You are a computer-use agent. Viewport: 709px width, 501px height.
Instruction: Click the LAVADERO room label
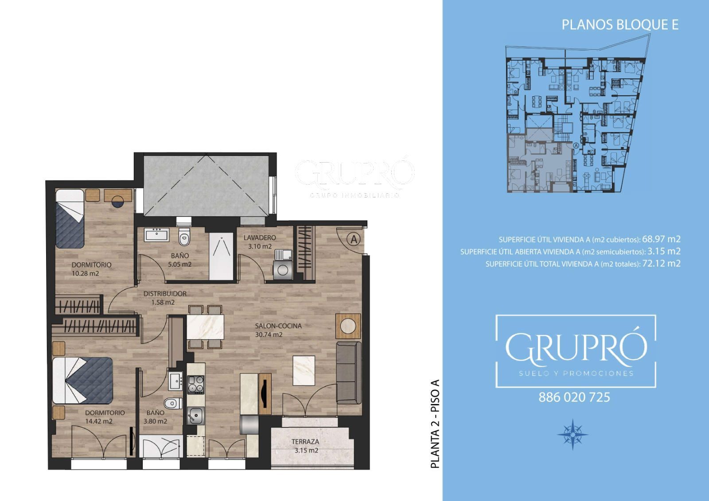coord(260,238)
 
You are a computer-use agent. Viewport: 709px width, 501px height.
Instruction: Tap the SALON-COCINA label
coord(278,326)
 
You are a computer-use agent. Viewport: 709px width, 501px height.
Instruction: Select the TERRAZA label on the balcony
coord(305,442)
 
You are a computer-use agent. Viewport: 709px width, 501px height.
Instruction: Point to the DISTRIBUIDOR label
coord(165,294)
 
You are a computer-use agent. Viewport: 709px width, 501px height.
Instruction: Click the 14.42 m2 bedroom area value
coord(99,421)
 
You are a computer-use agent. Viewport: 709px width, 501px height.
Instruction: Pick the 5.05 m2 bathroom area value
coord(180,264)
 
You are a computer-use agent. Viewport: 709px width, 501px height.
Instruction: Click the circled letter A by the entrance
coord(354,240)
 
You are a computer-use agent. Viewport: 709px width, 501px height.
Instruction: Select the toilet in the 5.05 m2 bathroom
coord(184,237)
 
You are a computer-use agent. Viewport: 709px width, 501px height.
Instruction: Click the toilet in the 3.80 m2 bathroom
coord(173,404)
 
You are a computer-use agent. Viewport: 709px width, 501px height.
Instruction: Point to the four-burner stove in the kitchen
coord(196,384)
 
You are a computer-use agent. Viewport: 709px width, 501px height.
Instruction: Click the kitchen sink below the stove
coord(195,416)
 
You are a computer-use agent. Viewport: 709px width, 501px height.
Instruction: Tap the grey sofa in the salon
coord(348,373)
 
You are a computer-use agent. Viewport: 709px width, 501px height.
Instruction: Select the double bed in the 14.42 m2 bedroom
coord(83,381)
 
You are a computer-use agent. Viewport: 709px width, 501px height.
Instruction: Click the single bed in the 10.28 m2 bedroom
coord(70,218)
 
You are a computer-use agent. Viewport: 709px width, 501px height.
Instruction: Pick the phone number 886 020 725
coord(574,397)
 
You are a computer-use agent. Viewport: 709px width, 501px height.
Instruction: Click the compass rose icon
coord(573,434)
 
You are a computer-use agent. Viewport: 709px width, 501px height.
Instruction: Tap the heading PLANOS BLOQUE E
coord(620,25)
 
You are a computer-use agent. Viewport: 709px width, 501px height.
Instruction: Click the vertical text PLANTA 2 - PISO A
coord(436,424)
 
